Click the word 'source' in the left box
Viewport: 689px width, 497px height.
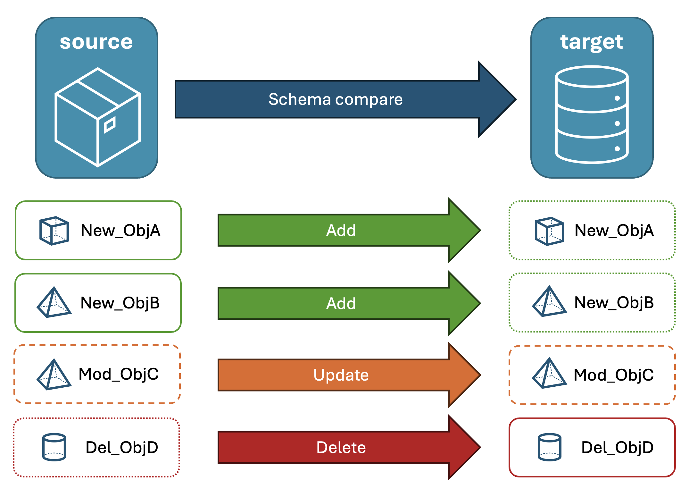point(96,42)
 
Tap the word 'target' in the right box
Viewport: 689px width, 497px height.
point(591,42)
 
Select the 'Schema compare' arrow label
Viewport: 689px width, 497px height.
point(335,99)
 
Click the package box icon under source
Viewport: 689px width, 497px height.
point(97,117)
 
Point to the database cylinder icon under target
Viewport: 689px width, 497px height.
point(592,114)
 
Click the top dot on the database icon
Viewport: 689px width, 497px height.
point(617,98)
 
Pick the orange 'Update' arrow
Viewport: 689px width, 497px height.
point(341,375)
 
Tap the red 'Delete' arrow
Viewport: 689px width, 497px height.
point(341,447)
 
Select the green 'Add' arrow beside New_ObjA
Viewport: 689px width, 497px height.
point(341,230)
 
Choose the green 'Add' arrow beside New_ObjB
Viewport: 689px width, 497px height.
point(341,303)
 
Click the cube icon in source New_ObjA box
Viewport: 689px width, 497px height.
point(54,231)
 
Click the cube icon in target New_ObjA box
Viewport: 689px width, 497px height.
point(549,231)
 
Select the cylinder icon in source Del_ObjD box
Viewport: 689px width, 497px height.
point(54,447)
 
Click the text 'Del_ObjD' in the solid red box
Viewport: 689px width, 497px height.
point(617,447)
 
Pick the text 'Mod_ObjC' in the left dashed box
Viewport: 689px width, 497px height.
point(119,374)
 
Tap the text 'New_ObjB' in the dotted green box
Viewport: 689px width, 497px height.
point(614,302)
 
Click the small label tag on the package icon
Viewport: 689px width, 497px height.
point(110,124)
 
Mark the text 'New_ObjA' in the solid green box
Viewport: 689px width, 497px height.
point(120,230)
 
